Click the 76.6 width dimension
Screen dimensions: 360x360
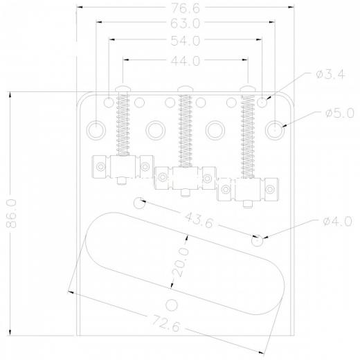(x=186, y=8)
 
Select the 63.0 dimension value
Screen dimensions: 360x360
(x=185, y=24)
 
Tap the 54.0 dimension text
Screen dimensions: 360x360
(x=185, y=41)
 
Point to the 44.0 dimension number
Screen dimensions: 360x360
(x=185, y=61)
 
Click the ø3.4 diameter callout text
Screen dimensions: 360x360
(x=330, y=74)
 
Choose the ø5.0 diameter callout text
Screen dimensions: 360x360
(x=339, y=113)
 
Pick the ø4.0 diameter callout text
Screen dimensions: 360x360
(x=337, y=221)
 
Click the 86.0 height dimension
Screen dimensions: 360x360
(x=11, y=213)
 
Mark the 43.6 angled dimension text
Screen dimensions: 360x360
(x=199, y=220)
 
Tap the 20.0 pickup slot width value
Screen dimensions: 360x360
(x=181, y=262)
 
